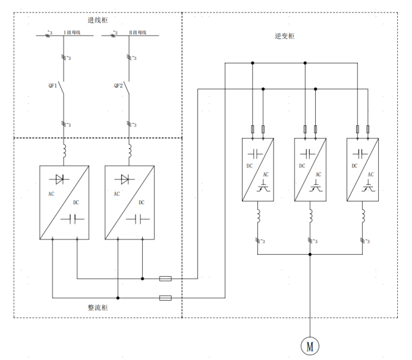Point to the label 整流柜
(98, 308)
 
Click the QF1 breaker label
(53, 86)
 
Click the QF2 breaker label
(118, 86)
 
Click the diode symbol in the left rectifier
(59, 178)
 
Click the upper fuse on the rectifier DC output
(166, 278)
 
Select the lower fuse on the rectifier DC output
(166, 297)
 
